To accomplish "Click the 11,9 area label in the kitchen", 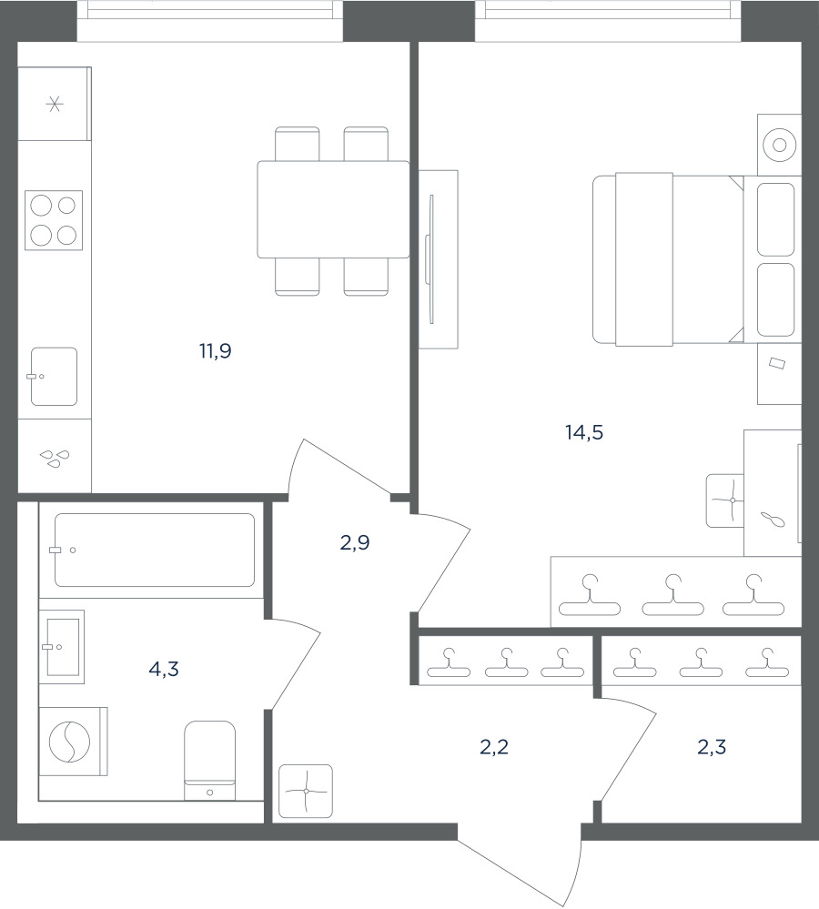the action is click(x=216, y=351).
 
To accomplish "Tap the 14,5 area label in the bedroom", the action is click(x=584, y=432).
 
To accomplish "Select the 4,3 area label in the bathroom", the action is click(x=164, y=670).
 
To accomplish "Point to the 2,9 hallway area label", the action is click(x=355, y=542).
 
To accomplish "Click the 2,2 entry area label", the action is click(x=494, y=747).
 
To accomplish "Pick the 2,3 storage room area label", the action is click(x=712, y=747).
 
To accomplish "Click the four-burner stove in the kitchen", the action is click(x=54, y=220).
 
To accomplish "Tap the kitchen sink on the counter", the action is click(x=54, y=376).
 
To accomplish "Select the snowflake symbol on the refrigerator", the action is click(x=55, y=105).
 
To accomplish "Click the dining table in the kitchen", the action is click(x=333, y=209).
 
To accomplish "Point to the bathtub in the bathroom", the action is click(x=154, y=550).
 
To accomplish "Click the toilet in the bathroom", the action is click(x=210, y=761).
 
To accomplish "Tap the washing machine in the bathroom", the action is click(x=73, y=742).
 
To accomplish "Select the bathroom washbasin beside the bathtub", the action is click(x=62, y=646).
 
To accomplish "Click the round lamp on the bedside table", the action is click(x=779, y=145).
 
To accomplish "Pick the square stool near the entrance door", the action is click(x=306, y=792).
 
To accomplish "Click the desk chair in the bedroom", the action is click(x=724, y=500).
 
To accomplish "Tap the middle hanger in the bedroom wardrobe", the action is click(x=672, y=595).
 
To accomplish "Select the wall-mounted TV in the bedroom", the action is click(x=430, y=259).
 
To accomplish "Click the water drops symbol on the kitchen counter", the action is click(x=55, y=459).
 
